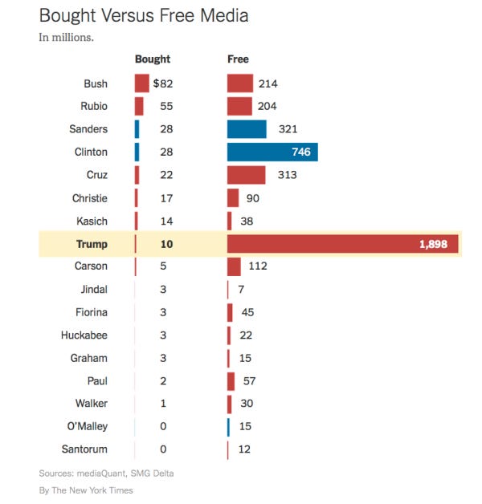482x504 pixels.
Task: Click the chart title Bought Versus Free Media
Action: point(144,15)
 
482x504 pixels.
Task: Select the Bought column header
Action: point(152,59)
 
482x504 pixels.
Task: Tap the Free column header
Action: point(238,59)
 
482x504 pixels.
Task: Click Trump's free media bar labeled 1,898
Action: point(343,244)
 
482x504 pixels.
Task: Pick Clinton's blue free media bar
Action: point(272,152)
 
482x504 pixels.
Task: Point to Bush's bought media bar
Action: point(141,83)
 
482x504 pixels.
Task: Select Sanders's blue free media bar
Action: point(247,129)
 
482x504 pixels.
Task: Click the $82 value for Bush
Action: point(163,83)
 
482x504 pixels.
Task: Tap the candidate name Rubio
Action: point(93,106)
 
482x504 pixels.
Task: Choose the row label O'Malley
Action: point(84,426)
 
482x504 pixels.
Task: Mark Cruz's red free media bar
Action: point(246,175)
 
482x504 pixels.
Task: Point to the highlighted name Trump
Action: point(92,244)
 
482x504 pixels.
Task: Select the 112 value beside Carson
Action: point(257,266)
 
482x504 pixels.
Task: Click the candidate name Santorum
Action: point(84,449)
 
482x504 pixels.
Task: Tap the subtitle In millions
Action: point(66,38)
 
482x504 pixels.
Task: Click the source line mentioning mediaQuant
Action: point(106,473)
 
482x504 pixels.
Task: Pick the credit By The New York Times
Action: point(86,490)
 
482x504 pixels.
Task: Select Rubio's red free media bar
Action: point(239,106)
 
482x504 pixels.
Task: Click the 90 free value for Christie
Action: point(252,198)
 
